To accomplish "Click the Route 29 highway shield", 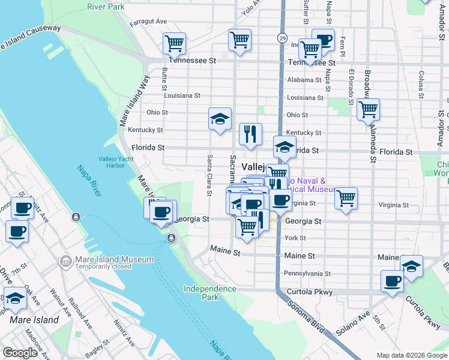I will (x=282, y=38).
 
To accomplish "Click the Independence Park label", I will (x=209, y=293).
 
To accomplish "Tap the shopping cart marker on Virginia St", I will (x=346, y=198).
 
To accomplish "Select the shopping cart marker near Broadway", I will (x=368, y=110).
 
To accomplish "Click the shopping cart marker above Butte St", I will (x=174, y=43).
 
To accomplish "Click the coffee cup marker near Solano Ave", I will (x=393, y=281).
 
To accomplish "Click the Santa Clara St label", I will (x=209, y=175).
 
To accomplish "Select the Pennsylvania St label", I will (x=307, y=274).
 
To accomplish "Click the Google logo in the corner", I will (x=20, y=353).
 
